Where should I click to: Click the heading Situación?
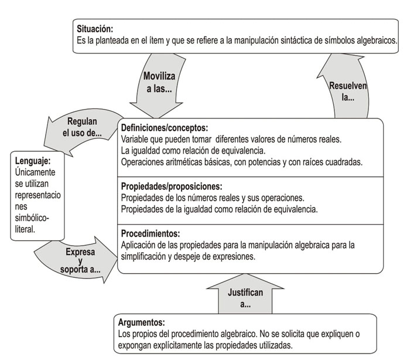pyautogui.click(x=95, y=28)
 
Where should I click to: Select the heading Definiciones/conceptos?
pyautogui.click(x=165, y=127)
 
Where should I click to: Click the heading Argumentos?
pyautogui.click(x=141, y=322)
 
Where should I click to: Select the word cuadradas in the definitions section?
pyautogui.click(x=343, y=161)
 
